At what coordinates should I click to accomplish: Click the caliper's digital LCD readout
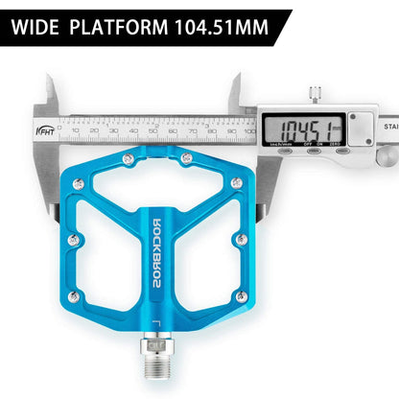pyautogui.click(x=306, y=128)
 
